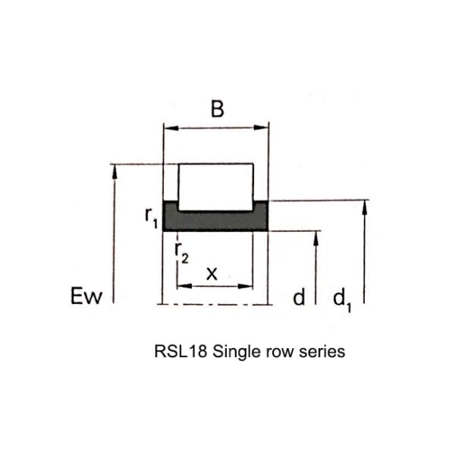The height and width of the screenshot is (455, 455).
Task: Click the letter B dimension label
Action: (x=218, y=109)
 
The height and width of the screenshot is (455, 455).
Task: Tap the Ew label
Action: (x=86, y=296)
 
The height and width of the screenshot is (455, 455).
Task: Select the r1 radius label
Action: (x=151, y=217)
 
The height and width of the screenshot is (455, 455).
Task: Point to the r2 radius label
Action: (x=182, y=253)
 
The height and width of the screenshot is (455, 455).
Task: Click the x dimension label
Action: (x=212, y=273)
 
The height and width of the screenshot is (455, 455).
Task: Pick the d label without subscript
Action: (x=299, y=297)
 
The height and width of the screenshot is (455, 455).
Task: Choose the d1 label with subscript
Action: (x=343, y=300)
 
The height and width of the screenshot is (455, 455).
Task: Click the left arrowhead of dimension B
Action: (x=171, y=127)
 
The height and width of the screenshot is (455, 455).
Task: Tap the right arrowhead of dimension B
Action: (x=261, y=127)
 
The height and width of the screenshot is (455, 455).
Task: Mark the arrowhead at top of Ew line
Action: (x=115, y=172)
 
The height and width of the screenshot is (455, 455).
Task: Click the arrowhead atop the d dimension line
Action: (x=316, y=239)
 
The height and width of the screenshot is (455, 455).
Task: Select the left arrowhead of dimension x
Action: (x=184, y=286)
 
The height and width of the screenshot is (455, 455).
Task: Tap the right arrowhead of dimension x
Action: (x=246, y=286)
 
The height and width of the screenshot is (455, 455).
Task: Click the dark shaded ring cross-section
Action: (x=215, y=221)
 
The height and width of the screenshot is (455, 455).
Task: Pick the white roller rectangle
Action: (x=215, y=187)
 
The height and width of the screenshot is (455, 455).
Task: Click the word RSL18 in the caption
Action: (x=180, y=351)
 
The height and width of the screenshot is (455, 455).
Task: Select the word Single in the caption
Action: (x=233, y=353)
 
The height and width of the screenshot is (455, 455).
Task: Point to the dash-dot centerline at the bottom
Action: (x=215, y=304)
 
